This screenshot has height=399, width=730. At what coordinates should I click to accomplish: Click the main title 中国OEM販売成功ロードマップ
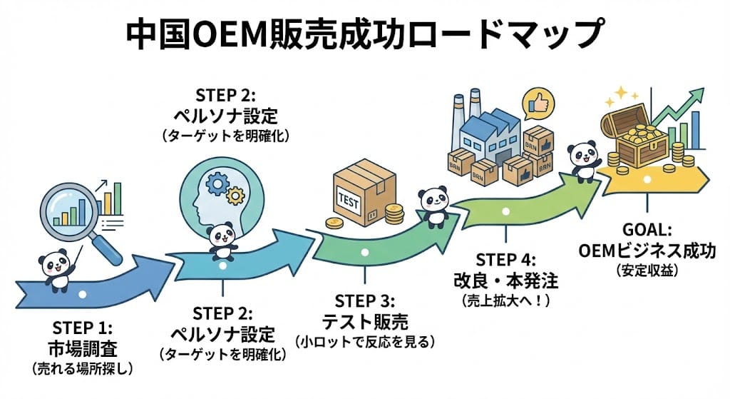365,34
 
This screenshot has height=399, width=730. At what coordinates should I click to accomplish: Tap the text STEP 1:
82,328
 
